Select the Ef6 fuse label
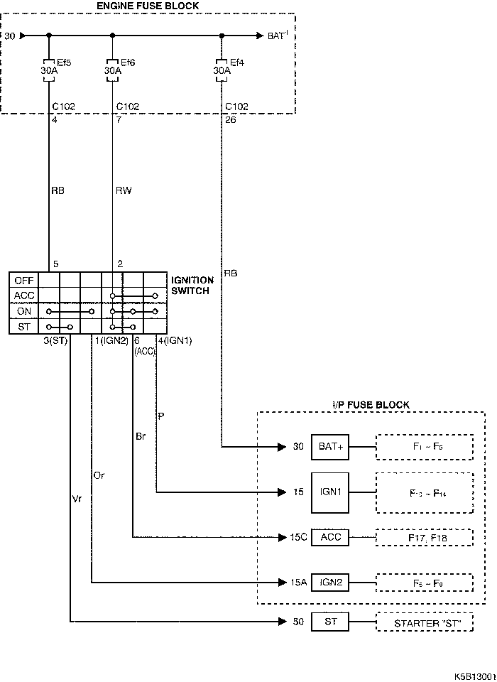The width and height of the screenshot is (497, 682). click(128, 62)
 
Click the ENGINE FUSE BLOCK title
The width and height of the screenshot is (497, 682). click(148, 6)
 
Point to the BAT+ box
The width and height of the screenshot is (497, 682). click(331, 448)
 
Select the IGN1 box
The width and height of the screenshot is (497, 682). click(331, 492)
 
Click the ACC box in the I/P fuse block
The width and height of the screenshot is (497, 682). click(331, 537)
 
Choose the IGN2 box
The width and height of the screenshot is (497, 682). click(331, 583)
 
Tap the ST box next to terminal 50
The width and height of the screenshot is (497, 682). click(331, 622)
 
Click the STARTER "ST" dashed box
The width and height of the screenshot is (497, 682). click(424, 623)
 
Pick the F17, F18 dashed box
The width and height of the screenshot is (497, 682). click(424, 537)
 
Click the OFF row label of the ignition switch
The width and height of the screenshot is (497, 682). click(24, 281)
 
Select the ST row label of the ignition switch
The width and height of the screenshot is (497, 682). click(24, 327)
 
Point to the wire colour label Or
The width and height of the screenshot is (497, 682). click(99, 475)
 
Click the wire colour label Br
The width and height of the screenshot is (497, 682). click(141, 436)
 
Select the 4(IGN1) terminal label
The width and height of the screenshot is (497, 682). click(175, 341)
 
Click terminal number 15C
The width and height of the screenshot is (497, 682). click(298, 537)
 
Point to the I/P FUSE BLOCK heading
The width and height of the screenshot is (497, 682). click(371, 405)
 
